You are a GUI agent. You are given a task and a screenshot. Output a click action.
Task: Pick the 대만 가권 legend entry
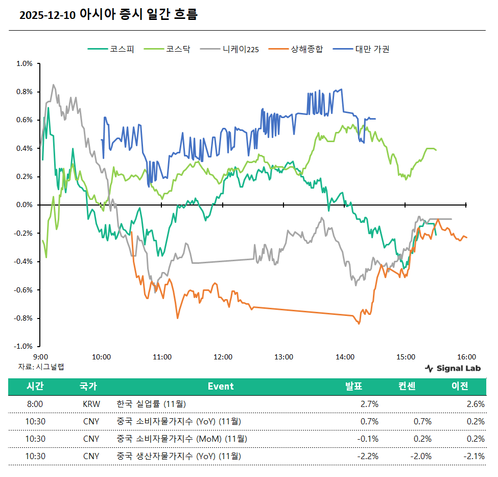point(372,50)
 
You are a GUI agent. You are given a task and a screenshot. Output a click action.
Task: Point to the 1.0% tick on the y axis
point(25,64)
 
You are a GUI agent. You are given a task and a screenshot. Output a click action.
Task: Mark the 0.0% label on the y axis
point(25,205)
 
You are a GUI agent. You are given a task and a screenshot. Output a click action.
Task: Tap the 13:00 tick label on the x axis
point(283,357)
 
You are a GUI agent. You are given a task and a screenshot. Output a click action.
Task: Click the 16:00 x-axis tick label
point(466,357)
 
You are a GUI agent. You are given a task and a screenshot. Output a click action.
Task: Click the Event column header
point(221,387)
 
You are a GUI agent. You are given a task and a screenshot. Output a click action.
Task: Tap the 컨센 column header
point(407,387)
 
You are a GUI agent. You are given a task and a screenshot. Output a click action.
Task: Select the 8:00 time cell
point(35,404)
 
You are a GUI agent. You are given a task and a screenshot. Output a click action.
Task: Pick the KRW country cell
point(91,404)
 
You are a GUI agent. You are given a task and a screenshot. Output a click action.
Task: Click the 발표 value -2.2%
point(368,456)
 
